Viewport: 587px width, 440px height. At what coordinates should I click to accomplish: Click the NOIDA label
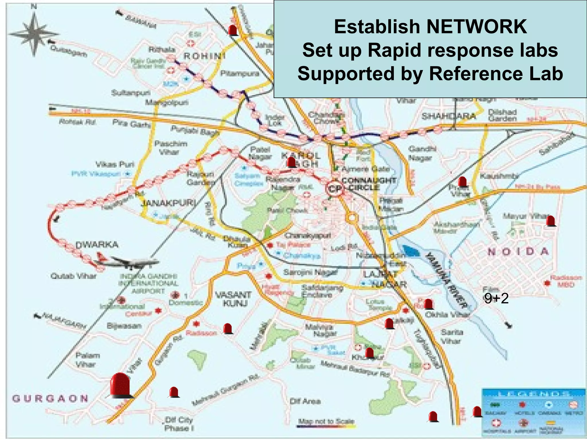[x=518, y=252]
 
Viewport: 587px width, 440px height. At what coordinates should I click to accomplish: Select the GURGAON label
[x=50, y=398]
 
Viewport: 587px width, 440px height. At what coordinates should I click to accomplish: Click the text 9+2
[x=496, y=299]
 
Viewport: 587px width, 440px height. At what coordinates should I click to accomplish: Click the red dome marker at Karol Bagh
[x=291, y=162]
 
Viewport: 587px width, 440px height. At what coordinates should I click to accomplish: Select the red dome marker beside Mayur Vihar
[x=551, y=221]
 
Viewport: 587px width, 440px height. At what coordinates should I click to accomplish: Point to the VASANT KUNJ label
[x=234, y=299]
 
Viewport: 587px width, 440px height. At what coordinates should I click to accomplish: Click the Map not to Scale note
[x=326, y=421]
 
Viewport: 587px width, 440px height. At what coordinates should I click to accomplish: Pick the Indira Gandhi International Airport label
[x=148, y=284]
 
